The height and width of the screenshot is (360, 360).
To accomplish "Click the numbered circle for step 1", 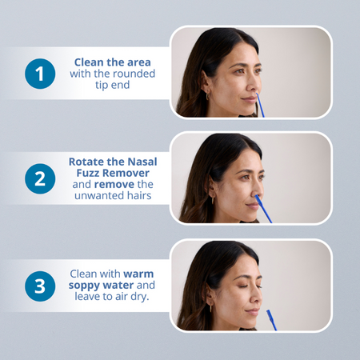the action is tap(40, 74).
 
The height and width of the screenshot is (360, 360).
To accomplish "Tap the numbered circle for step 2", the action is tap(40, 178).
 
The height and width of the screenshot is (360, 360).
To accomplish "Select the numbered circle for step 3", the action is tap(40, 286).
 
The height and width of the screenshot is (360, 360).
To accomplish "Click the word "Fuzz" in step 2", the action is tap(88, 173).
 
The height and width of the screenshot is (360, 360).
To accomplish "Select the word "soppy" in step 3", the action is tap(84, 286).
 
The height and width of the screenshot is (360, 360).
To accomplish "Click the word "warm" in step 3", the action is tap(138, 274).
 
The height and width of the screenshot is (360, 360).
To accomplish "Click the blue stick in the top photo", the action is tap(260, 105).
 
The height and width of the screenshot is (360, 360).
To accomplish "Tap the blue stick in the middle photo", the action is tap(263, 209).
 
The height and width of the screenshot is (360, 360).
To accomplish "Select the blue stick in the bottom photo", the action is tap(272, 320).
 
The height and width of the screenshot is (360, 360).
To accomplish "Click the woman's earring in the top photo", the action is tap(207, 96).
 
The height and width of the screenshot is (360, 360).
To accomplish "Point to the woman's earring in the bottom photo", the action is tap(210, 308).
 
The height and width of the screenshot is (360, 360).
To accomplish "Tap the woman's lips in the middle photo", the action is tap(253, 206).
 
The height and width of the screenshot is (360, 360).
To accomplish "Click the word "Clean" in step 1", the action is tap(89, 62).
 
